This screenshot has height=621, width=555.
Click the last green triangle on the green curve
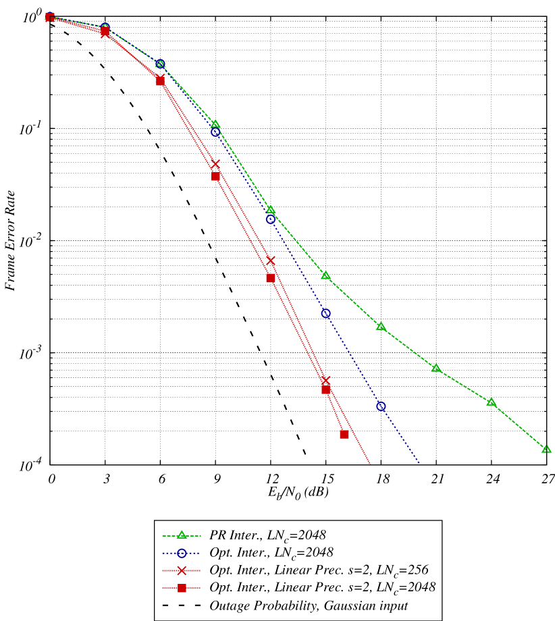tap(546, 449)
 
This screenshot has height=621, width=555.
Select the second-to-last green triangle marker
tap(492, 402)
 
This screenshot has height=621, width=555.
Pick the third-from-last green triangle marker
tap(436, 368)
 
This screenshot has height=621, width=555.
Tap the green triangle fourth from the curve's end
tap(381, 327)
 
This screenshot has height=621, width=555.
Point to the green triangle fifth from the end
tap(326, 275)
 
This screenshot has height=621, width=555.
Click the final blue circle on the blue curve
tap(381, 406)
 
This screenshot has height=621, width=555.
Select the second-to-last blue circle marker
tap(326, 313)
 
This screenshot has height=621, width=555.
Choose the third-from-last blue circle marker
tap(271, 219)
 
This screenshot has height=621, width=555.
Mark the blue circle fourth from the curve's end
tap(215, 132)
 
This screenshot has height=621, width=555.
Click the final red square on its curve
tap(344, 434)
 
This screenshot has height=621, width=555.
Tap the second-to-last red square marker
tap(326, 389)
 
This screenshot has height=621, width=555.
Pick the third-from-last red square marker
tap(271, 278)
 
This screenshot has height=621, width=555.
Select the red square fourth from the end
tap(215, 176)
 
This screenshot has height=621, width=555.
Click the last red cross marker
tap(325, 381)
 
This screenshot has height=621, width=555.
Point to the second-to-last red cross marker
tap(271, 261)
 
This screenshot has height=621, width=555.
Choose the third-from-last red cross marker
tap(215, 164)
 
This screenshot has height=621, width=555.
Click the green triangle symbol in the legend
tap(182, 535)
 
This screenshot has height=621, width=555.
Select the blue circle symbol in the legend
tap(182, 553)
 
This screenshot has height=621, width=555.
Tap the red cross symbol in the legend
tap(182, 570)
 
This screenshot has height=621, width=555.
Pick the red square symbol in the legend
tap(182, 588)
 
